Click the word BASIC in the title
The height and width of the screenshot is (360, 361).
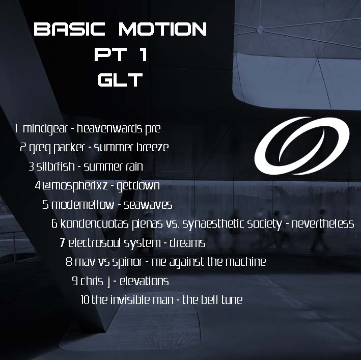point(69,29)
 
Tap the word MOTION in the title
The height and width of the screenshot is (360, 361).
point(162,29)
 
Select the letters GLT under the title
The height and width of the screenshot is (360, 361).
point(120,79)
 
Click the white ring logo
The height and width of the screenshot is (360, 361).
point(301,146)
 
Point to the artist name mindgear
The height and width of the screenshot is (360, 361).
point(45,129)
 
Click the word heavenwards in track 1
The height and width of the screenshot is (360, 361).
point(109,128)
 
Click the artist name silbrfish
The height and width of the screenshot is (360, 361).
point(55,166)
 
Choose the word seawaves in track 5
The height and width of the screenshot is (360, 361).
point(148,205)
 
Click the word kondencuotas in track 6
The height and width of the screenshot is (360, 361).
point(94,224)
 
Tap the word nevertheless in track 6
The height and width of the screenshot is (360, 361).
point(323,224)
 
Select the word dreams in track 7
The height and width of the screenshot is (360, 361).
point(187,243)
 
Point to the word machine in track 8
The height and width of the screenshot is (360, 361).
point(245,262)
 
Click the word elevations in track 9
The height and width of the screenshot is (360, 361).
point(144,281)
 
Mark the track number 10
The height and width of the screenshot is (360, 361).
point(85,300)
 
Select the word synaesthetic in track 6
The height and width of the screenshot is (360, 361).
point(232,224)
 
